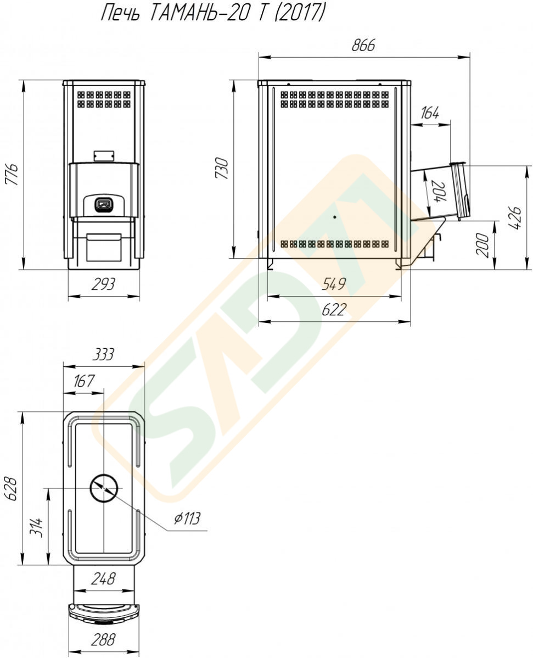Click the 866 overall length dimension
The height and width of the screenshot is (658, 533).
363,46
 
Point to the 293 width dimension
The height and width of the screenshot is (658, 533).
103,285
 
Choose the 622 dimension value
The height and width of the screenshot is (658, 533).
334,310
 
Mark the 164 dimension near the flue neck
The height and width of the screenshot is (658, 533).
429,113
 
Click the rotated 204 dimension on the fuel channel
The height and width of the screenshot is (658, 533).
437,192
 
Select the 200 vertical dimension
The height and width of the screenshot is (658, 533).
482,245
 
